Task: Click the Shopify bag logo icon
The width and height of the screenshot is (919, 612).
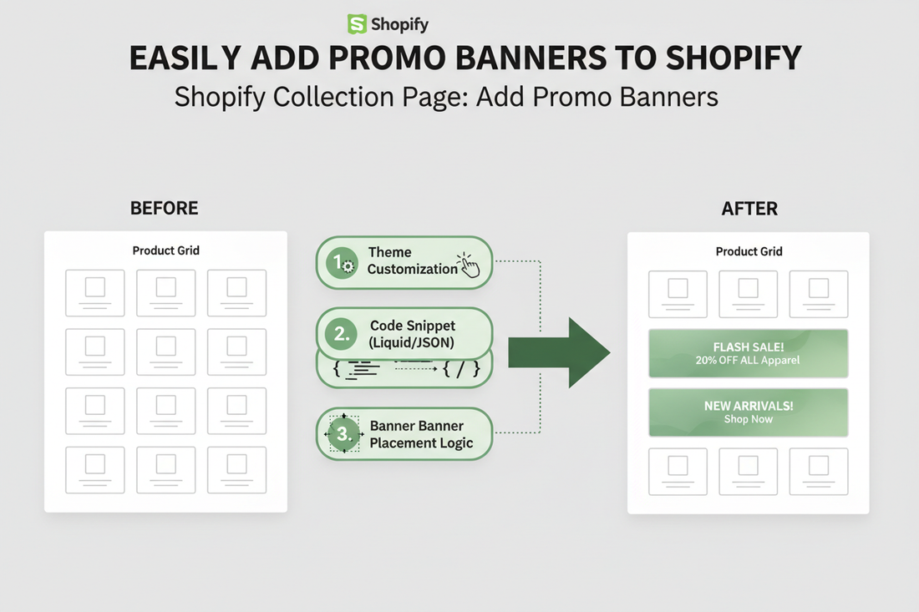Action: (x=358, y=24)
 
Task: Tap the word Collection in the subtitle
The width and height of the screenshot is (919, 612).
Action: (x=337, y=96)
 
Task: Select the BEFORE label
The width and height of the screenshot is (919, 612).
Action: (x=165, y=208)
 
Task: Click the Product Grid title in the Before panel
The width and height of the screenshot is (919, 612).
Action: (x=165, y=250)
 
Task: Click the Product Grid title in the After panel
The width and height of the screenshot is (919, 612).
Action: (x=749, y=251)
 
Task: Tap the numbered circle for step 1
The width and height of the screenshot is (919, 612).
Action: (x=342, y=263)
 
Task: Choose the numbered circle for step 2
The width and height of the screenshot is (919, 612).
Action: (x=342, y=335)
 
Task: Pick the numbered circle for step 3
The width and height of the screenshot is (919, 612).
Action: (x=342, y=434)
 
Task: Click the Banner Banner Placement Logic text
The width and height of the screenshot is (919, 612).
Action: (x=421, y=434)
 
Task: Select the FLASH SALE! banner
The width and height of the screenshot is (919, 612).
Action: (x=748, y=353)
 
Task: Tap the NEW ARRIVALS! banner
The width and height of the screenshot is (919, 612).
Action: (x=748, y=412)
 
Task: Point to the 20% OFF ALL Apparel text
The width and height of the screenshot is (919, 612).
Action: (x=748, y=361)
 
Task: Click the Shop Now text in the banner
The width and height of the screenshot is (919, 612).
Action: (x=748, y=419)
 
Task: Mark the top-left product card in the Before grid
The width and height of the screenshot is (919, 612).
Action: (x=95, y=293)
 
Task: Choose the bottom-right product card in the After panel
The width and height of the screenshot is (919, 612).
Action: (x=819, y=472)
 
